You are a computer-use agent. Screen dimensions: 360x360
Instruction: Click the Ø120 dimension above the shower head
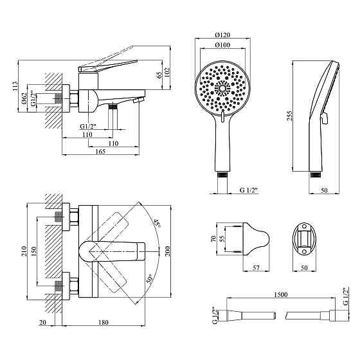click(222, 35)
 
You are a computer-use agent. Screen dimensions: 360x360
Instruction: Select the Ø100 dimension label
click(222, 45)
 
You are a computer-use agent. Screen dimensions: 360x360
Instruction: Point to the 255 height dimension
click(289, 116)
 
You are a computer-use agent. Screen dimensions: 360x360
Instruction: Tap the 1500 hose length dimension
click(281, 294)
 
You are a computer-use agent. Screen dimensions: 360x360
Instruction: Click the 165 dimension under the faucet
click(100, 152)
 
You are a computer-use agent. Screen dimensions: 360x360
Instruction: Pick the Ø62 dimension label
click(24, 99)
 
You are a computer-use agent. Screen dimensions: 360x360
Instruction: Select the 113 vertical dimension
click(15, 86)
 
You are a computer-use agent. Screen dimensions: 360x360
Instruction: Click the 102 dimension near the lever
click(167, 72)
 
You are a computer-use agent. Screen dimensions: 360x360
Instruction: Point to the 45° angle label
click(157, 222)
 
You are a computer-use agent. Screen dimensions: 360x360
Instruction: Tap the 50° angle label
click(149, 280)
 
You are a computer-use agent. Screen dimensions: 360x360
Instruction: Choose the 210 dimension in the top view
click(24, 251)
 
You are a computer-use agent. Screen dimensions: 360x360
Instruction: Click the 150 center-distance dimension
click(33, 251)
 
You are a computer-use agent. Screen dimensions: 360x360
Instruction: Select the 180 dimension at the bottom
click(104, 322)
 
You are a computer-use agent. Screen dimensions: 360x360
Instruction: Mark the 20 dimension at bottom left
click(42, 322)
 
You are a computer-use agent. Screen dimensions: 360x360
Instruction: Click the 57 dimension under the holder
click(256, 267)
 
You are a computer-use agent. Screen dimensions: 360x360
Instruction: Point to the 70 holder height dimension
click(213, 239)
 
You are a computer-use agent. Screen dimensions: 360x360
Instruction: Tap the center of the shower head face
click(222, 88)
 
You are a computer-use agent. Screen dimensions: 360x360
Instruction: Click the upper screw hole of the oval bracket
click(305, 226)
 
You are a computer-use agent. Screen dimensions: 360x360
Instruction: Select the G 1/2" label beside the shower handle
click(249, 190)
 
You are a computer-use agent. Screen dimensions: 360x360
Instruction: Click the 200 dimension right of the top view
click(167, 251)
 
